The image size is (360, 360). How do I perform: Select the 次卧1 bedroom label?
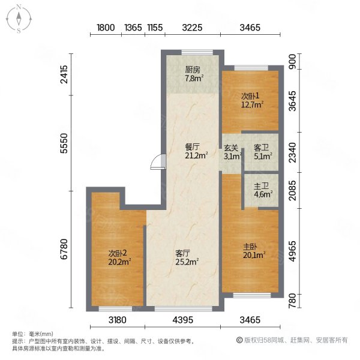[251, 96]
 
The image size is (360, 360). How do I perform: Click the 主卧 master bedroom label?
[250, 247]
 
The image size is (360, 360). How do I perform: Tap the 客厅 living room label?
[183, 253]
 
